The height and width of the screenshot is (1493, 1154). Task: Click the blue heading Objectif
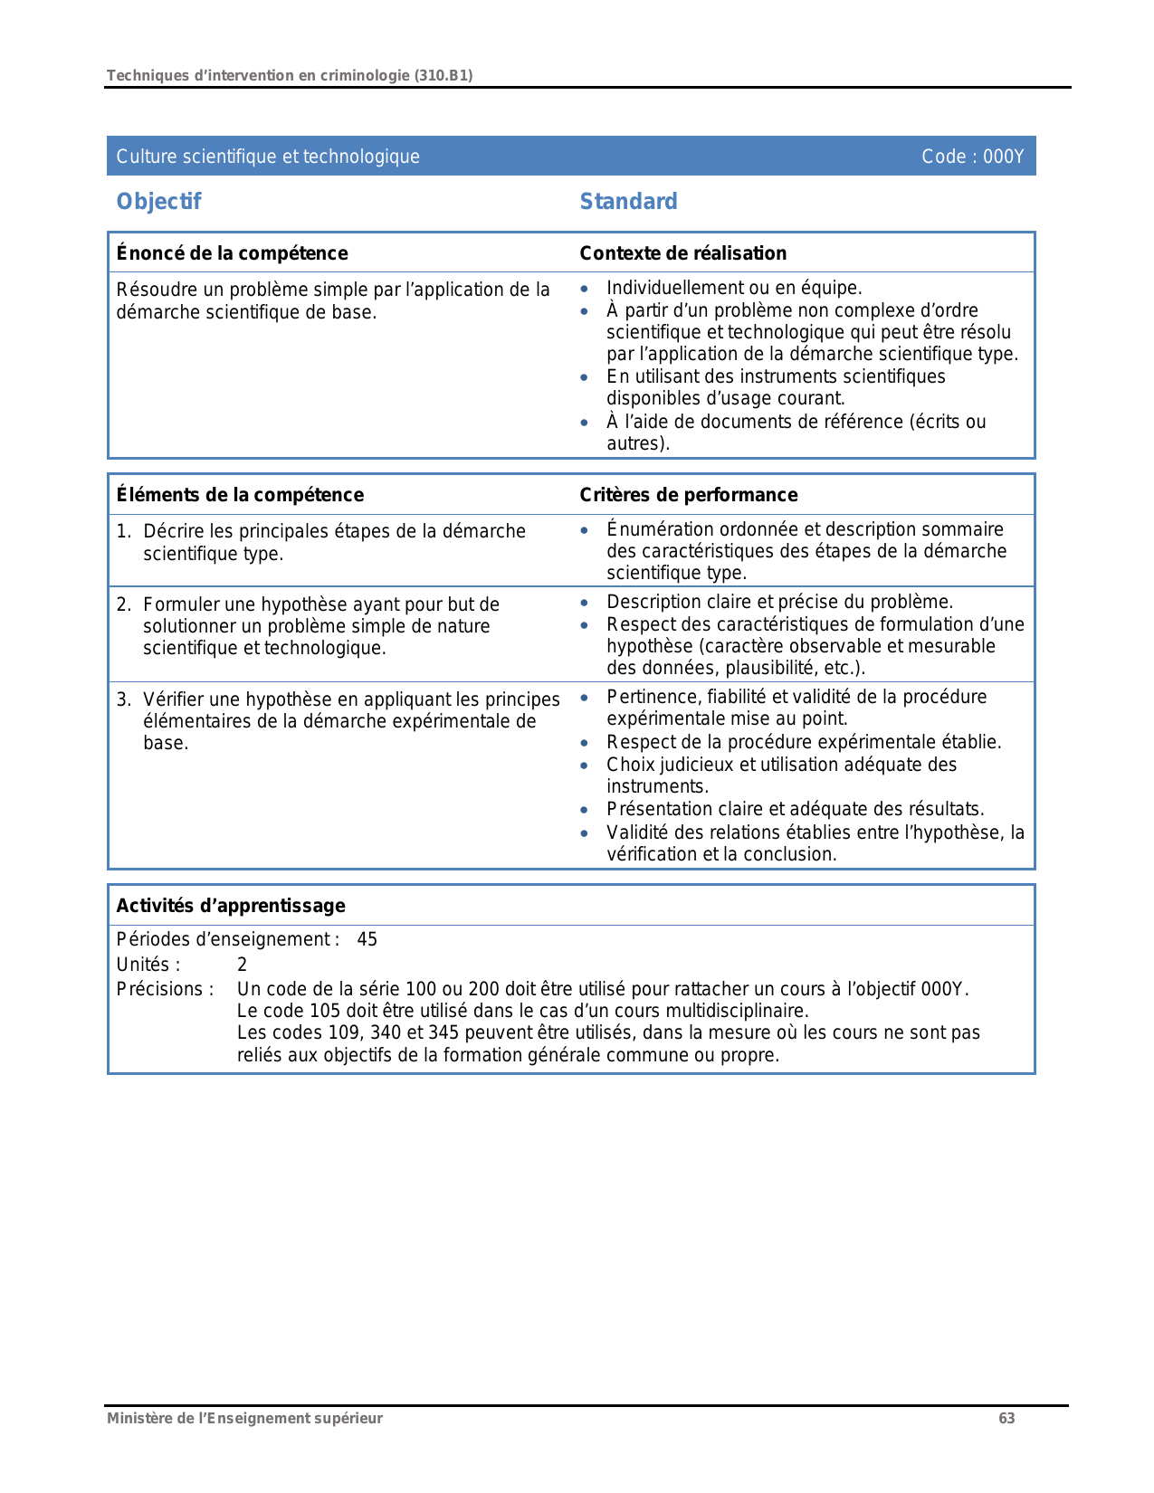tap(158, 202)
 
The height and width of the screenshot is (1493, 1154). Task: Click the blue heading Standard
tap(628, 202)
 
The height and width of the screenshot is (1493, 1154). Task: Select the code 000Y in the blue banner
tap(1003, 157)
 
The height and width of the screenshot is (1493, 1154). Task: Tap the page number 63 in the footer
tap(1006, 1418)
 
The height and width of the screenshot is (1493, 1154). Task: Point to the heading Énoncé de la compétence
tap(232, 253)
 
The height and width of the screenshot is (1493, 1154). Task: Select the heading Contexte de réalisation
tap(682, 253)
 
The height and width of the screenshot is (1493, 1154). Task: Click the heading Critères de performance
tap(688, 495)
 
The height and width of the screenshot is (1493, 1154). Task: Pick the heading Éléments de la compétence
tap(240, 495)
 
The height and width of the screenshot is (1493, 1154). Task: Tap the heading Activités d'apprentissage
tap(231, 906)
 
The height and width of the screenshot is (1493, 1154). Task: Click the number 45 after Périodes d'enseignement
tap(367, 939)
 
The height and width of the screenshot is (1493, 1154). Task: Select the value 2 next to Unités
tap(242, 965)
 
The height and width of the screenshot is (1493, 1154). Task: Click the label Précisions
tap(165, 989)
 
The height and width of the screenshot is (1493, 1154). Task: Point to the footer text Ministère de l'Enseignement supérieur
tap(244, 1418)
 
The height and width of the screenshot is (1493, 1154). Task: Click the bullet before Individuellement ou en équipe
tap(585, 289)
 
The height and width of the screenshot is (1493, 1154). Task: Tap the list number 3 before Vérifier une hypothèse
tap(122, 699)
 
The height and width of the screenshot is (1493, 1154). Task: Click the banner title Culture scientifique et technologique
tap(268, 157)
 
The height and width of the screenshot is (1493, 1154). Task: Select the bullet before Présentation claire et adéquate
tap(585, 810)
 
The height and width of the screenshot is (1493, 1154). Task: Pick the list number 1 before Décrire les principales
tap(122, 531)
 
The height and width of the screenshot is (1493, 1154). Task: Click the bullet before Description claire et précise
tap(585, 603)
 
